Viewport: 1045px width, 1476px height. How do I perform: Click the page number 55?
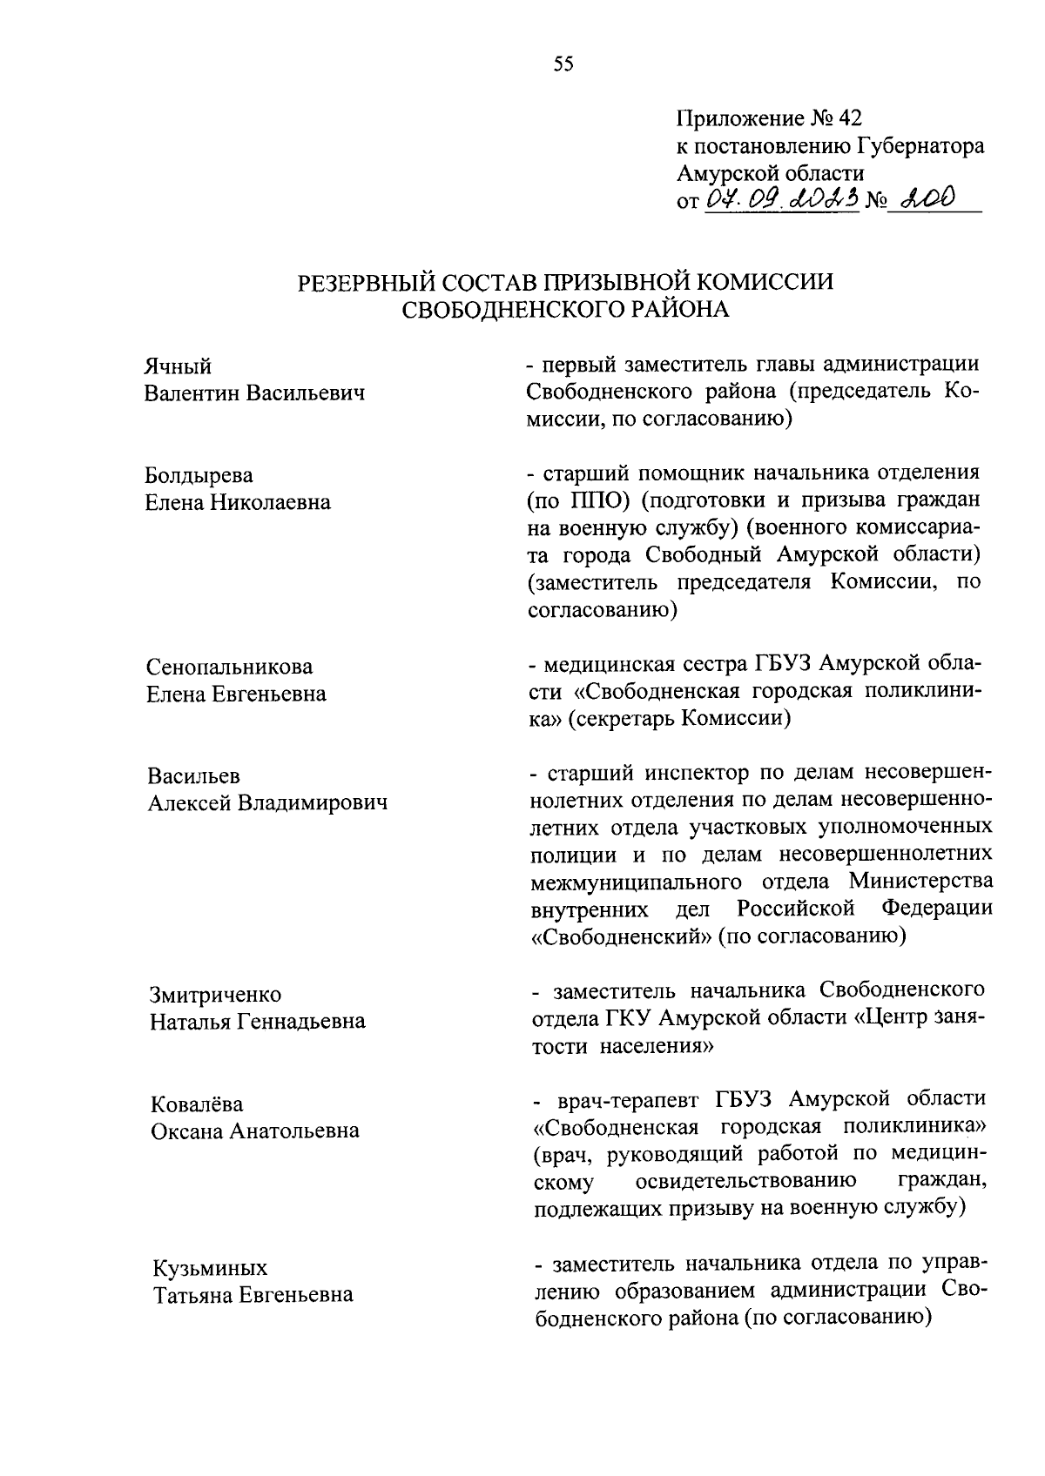tap(563, 64)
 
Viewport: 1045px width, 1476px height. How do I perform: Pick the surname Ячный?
tap(178, 366)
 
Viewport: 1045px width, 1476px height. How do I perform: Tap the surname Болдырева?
tap(199, 475)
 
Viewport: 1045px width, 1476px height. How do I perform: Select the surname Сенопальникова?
tap(229, 667)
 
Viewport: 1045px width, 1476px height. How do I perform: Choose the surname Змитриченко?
tap(214, 994)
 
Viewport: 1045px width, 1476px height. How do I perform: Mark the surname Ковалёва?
tap(196, 1104)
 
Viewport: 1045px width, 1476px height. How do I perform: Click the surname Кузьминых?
tap(210, 1267)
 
